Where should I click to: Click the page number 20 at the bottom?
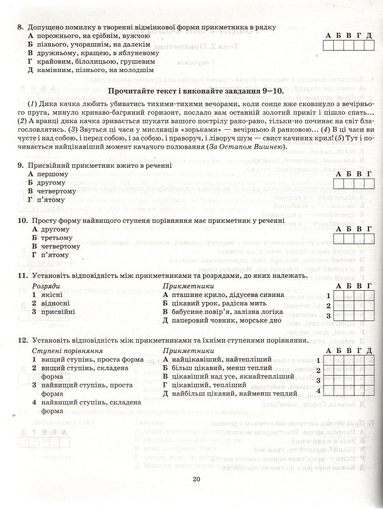point(196,480)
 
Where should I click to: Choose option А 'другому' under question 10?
point(51,229)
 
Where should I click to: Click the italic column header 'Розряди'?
point(46,286)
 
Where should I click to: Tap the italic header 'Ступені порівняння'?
point(64,350)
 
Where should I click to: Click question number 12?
point(22,341)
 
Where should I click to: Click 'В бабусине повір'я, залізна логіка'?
point(222,312)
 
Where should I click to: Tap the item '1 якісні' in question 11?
point(47,294)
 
